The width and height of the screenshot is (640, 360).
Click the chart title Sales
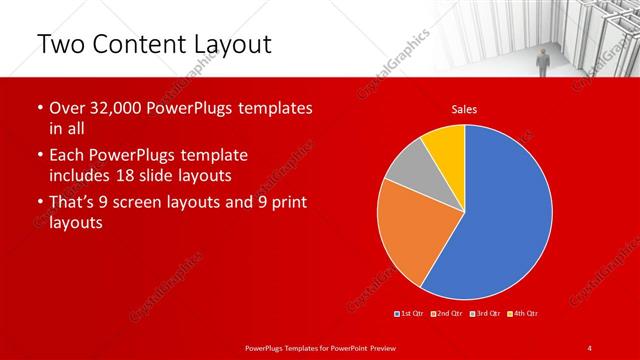[464, 109]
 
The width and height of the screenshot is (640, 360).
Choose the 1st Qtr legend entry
[412, 314]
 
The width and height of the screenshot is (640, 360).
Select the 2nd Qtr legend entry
[448, 314]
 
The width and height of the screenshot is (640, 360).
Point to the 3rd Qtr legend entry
[485, 314]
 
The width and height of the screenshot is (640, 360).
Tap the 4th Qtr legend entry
[522, 314]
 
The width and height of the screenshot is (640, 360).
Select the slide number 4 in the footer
[589, 347]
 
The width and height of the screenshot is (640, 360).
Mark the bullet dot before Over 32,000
[39, 108]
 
